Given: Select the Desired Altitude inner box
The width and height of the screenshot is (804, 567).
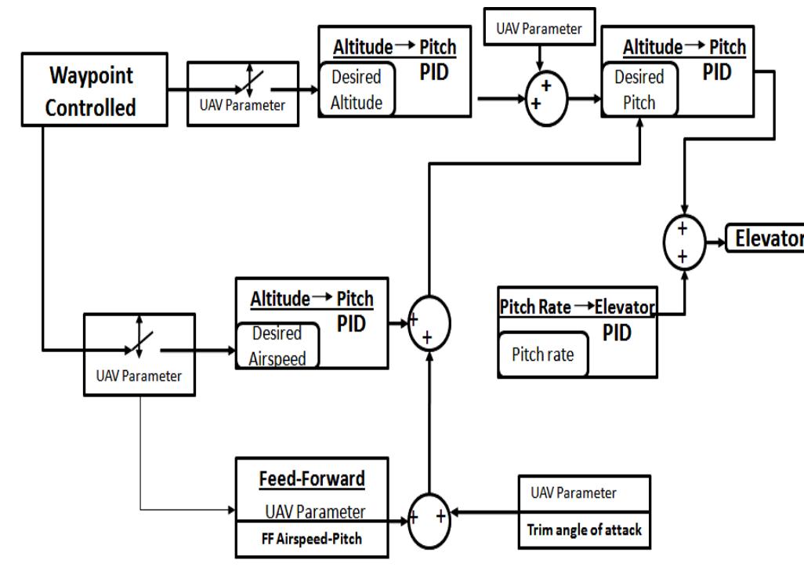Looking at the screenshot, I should coord(357,89).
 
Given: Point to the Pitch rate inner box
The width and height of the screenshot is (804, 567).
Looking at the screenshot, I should coord(542,354).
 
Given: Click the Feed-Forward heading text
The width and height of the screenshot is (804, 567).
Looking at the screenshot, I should coord(301,478).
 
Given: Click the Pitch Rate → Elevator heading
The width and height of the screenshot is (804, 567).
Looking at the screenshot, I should coord(576,307).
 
